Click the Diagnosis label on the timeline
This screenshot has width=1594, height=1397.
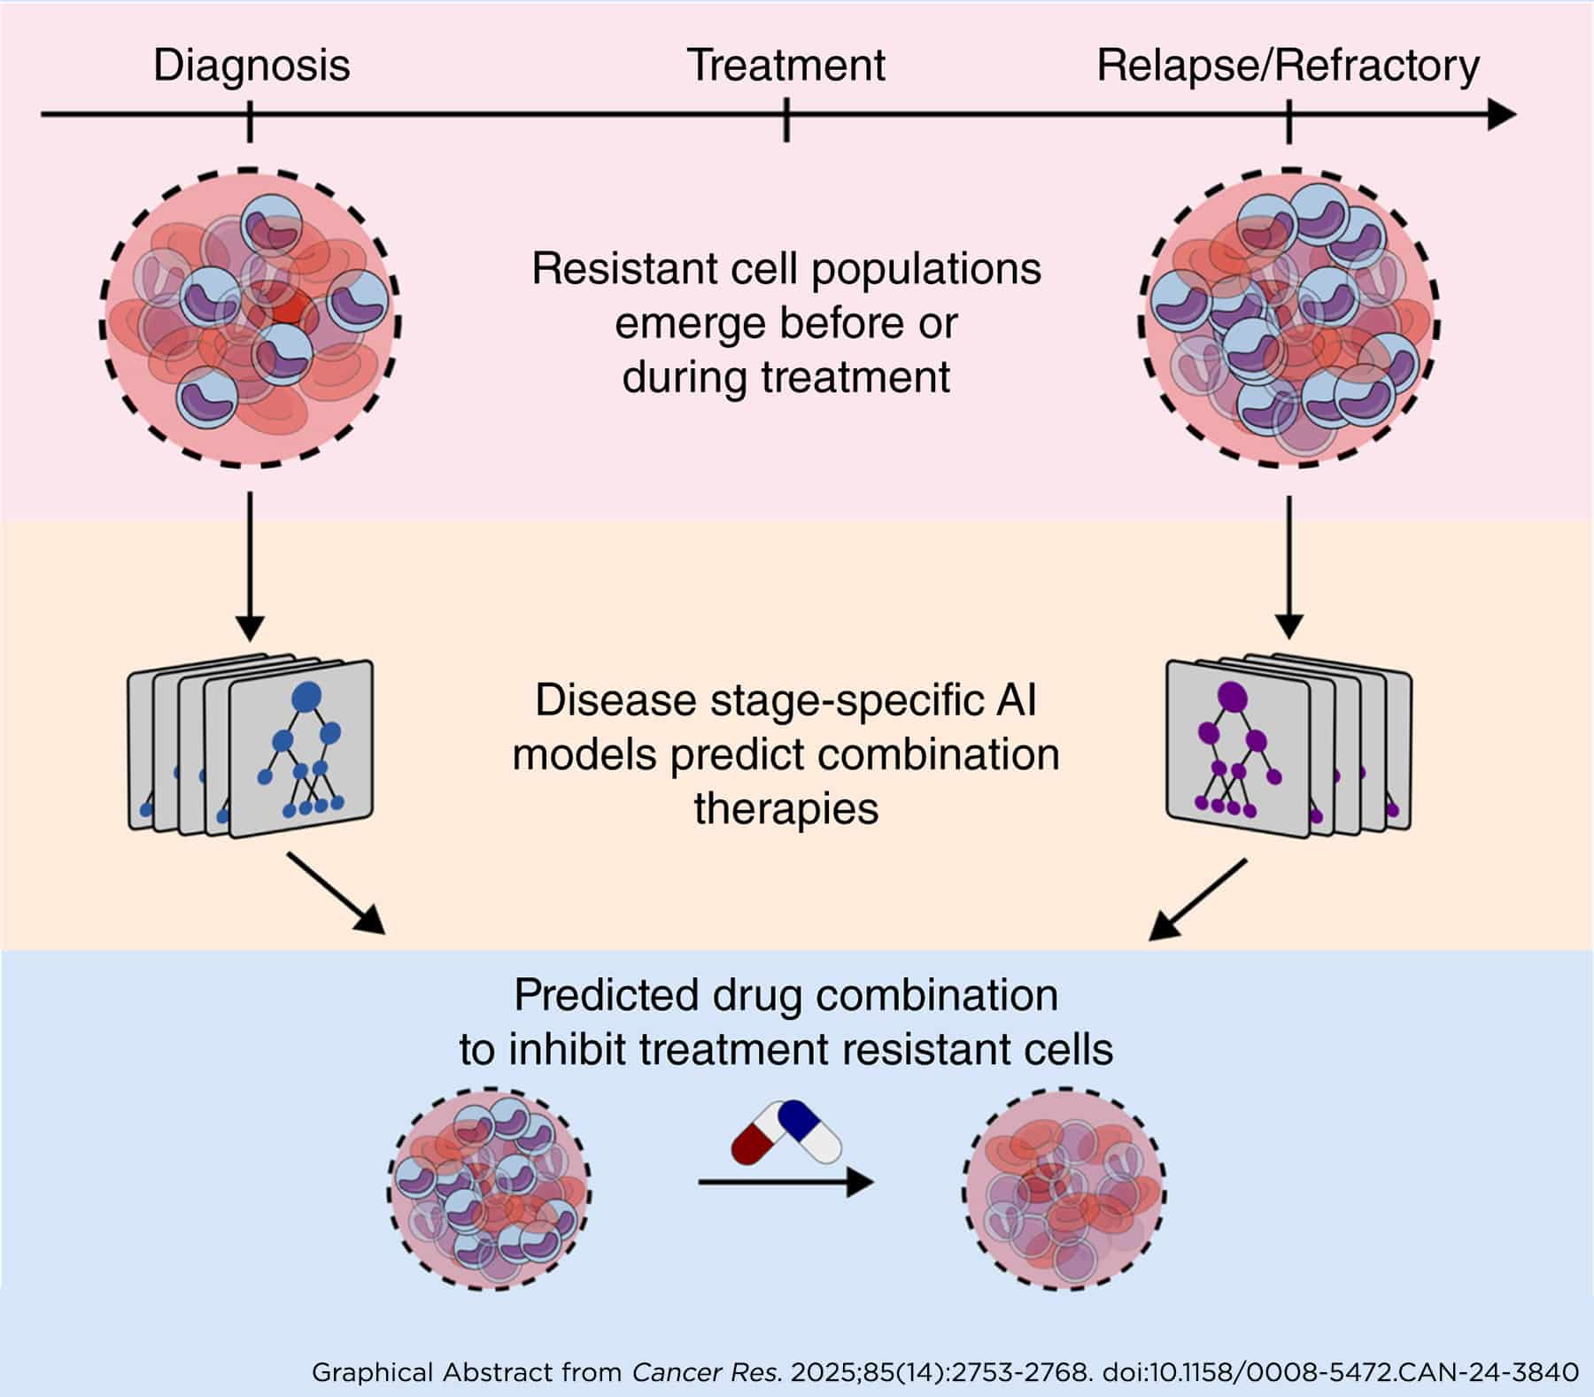tap(251, 66)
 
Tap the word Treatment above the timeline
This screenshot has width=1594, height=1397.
tap(785, 66)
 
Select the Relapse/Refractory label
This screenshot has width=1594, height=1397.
tap(1288, 66)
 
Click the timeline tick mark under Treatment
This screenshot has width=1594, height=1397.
tap(785, 120)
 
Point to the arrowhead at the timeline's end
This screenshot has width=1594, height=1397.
tap(1501, 114)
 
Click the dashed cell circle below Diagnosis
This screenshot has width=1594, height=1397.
tap(251, 317)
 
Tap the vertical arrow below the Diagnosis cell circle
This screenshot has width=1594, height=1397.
tap(251, 567)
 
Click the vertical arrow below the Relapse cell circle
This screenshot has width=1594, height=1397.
tap(1288, 567)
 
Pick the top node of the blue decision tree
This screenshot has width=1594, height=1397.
tap(306, 697)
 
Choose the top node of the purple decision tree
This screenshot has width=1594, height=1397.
tap(1232, 697)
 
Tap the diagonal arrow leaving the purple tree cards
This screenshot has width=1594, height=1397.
tap(1198, 899)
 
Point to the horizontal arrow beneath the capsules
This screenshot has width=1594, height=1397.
tap(785, 1183)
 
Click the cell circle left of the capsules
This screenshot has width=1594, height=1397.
tap(490, 1189)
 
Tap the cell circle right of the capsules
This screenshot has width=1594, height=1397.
tap(1064, 1189)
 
